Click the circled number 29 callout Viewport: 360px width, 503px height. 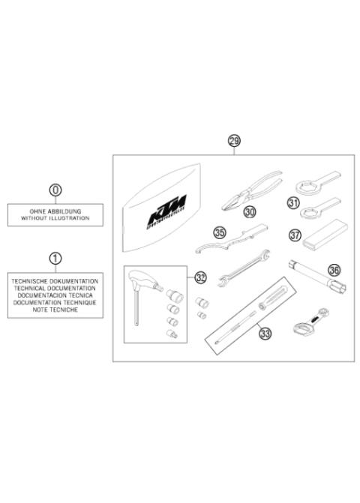click(234, 141)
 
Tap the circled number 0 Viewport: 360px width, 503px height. click(55, 190)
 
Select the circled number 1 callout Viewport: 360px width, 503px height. click(55, 259)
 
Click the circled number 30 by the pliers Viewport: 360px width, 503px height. click(250, 212)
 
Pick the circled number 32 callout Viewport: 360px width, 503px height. click(200, 277)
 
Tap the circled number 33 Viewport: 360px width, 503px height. click(264, 334)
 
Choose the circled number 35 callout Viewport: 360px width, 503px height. click(220, 233)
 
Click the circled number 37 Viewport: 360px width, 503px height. click(295, 236)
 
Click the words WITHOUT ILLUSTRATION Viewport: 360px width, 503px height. click(55, 218)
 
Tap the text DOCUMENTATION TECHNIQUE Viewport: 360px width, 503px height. click(55, 300)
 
